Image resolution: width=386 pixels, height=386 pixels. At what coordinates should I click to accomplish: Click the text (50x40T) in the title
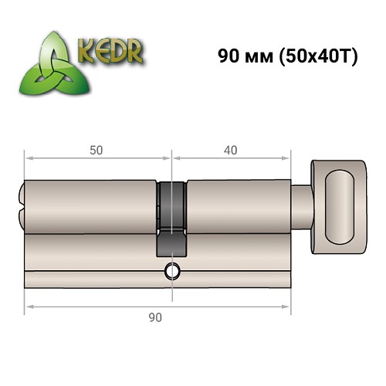313,56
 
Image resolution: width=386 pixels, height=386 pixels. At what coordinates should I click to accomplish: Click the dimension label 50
96,150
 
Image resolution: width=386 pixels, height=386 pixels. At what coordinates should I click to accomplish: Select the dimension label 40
231,150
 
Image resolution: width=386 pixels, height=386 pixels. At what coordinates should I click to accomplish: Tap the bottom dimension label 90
157,316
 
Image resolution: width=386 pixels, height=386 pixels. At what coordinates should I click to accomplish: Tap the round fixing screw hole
171,271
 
